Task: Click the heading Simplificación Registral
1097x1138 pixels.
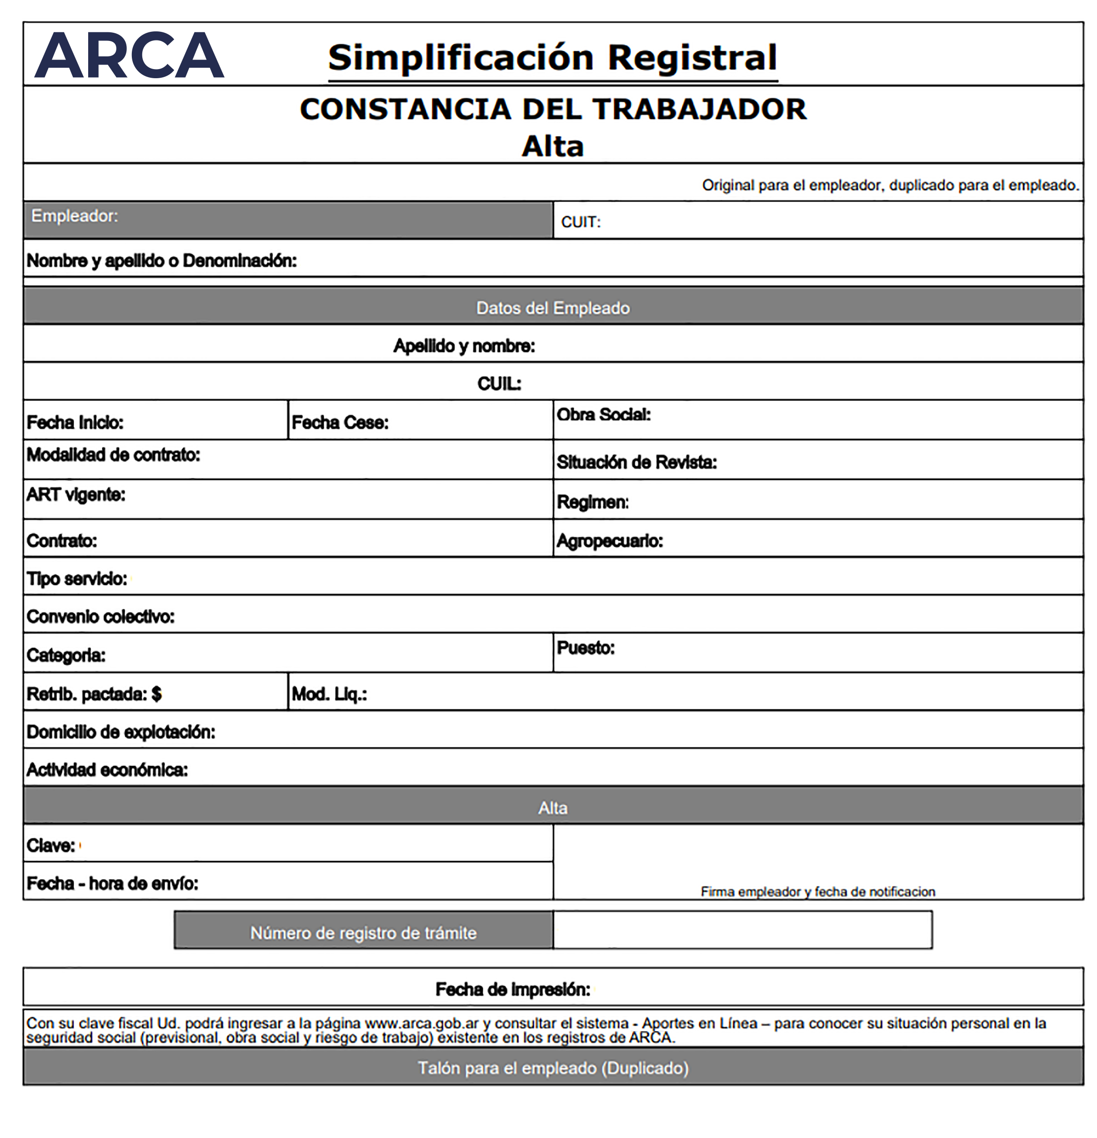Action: click(552, 58)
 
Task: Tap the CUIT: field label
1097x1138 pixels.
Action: click(581, 222)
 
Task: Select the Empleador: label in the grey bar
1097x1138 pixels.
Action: click(74, 216)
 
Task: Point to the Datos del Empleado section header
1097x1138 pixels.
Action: click(552, 308)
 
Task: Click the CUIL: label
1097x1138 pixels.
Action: click(499, 384)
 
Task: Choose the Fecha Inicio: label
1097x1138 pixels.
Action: click(75, 422)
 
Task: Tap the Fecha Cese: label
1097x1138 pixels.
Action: click(340, 422)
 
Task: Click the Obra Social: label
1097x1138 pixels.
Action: click(604, 415)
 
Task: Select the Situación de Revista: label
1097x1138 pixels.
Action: click(637, 462)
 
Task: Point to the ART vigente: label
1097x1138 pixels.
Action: click(75, 495)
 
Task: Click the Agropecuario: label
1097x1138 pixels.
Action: click(610, 541)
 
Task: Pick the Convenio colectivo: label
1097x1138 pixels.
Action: click(100, 616)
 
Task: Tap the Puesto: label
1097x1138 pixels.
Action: click(586, 647)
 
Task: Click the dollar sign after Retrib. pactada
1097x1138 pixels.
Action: click(156, 694)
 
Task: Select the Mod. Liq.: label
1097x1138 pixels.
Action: click(329, 694)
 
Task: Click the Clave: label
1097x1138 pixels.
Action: click(50, 845)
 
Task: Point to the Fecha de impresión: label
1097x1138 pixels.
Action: click(512, 989)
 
